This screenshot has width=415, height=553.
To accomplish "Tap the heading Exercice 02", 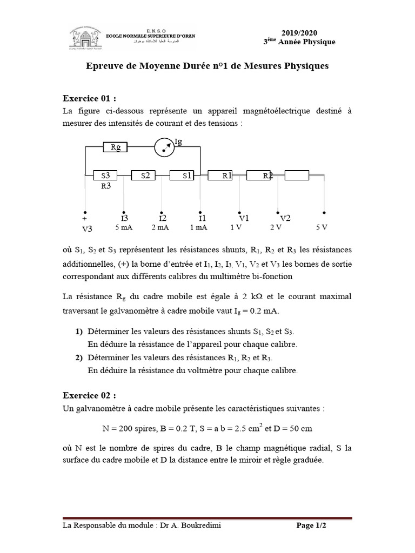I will [89, 395].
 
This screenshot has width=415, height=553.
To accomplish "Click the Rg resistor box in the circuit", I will [115, 146].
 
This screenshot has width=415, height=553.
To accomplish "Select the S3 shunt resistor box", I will [105, 175].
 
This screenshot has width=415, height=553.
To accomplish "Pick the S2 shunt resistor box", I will [144, 175].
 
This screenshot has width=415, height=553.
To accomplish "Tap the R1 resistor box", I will [224, 175].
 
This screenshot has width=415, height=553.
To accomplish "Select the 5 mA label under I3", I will [124, 227].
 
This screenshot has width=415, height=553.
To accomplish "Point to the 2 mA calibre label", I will [160, 227].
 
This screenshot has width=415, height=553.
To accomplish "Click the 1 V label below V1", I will [236, 227].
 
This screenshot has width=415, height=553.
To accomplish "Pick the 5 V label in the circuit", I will [322, 227].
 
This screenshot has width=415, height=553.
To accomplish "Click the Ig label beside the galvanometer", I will [179, 141].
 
